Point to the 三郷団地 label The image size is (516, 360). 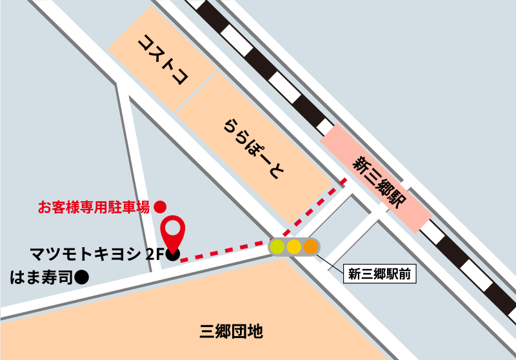click(231, 332)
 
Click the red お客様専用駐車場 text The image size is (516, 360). click(94, 207)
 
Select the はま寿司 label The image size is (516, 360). click(41, 277)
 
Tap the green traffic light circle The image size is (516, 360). click(277, 246)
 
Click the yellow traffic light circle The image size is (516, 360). click(294, 246)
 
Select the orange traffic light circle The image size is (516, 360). click(311, 246)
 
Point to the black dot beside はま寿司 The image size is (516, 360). click(81, 277)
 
